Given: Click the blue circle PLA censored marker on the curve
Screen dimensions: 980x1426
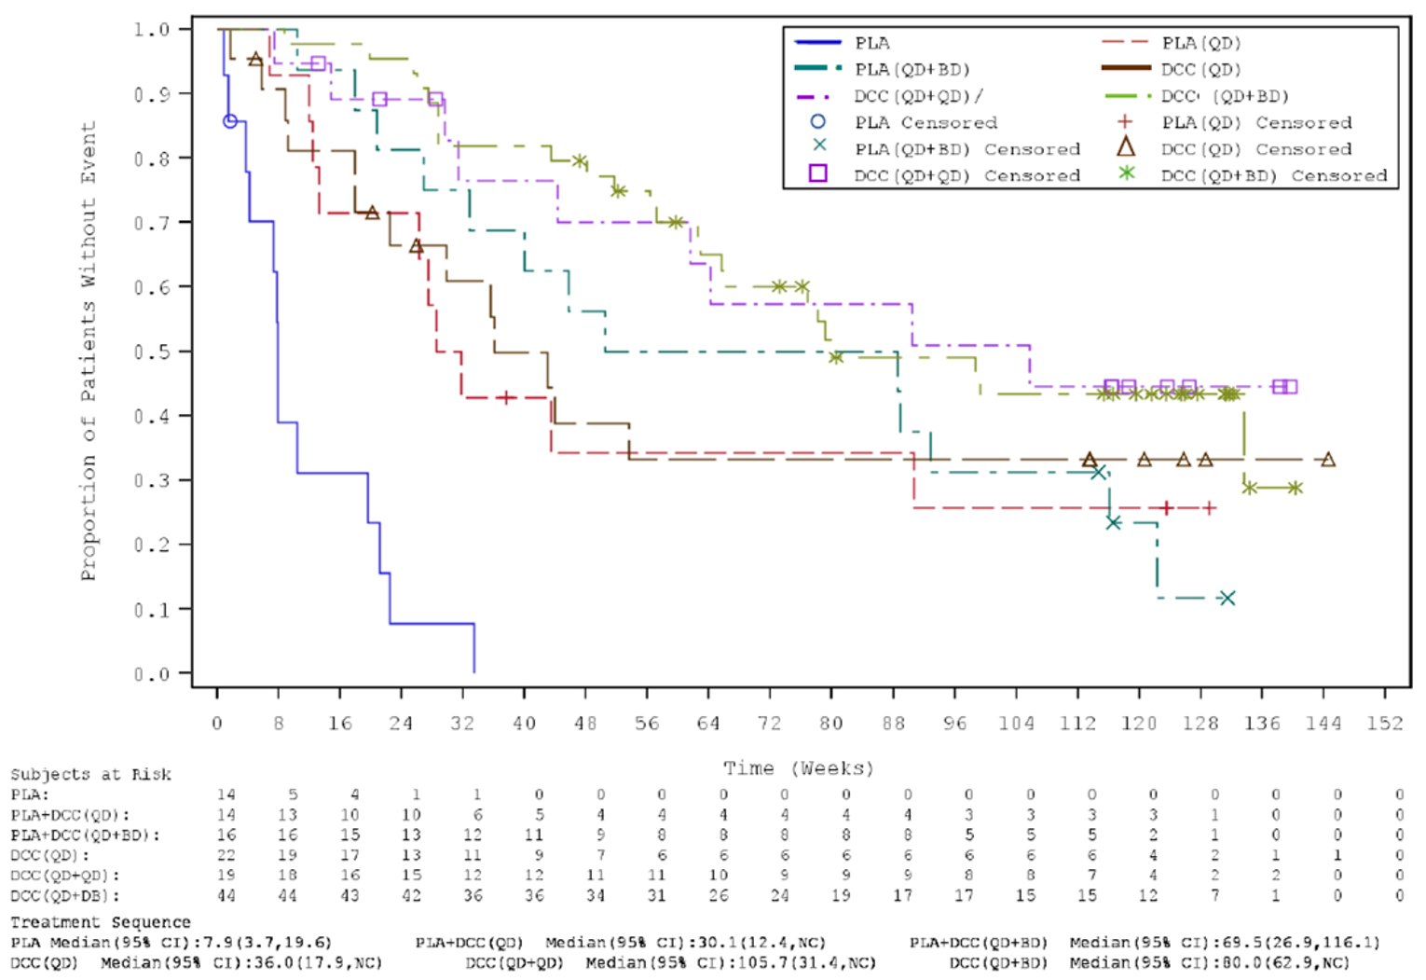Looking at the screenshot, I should coord(229,121).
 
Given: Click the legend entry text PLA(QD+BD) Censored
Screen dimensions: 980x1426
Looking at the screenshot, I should coord(967,149).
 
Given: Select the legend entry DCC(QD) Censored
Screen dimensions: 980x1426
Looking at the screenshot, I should coord(1255,149).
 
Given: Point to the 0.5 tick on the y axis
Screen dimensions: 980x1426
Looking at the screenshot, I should coord(151,352).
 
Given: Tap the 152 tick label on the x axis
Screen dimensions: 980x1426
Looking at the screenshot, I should coord(1384,724).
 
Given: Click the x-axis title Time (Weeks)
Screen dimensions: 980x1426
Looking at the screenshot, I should coord(799,768).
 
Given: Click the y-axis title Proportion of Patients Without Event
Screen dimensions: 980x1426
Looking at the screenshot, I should coord(89,352).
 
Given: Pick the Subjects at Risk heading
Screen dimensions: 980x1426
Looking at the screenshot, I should coord(90,775).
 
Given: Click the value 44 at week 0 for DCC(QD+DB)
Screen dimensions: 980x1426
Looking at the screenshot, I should coord(226,895).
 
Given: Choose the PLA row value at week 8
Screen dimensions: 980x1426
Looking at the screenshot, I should coord(292,794).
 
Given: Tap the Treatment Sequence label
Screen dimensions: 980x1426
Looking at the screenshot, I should coord(100,922).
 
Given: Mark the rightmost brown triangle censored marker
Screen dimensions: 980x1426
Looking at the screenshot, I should coord(1328,460).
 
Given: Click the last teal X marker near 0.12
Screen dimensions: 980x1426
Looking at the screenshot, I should coord(1227,598).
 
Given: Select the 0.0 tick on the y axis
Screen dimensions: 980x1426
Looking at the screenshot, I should coord(151,674).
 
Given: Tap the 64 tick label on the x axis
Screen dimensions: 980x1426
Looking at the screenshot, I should coord(708,724).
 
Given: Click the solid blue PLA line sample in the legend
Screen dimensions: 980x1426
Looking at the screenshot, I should coord(817,43).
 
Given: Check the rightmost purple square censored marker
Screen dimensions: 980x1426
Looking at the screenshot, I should coord(1290,386).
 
